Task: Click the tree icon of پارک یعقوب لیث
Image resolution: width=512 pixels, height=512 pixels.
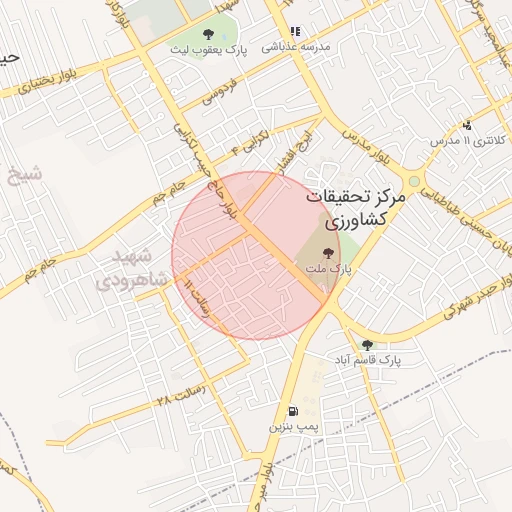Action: (x=207, y=34)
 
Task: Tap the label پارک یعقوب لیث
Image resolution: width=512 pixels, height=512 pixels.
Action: (x=207, y=49)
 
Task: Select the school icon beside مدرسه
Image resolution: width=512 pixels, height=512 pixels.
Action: (x=294, y=32)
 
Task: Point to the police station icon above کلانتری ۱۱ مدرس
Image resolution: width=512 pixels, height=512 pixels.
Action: (x=468, y=126)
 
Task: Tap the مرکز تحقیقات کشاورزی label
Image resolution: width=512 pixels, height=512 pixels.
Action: (x=355, y=208)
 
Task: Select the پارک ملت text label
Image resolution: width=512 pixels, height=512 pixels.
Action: (x=329, y=269)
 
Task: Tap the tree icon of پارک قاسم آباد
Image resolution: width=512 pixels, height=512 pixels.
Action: (x=367, y=344)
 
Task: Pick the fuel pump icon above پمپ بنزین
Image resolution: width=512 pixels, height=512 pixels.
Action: (x=292, y=411)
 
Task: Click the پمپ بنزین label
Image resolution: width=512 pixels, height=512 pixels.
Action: (x=292, y=427)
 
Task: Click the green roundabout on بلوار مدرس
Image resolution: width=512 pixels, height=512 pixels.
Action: (x=414, y=181)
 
